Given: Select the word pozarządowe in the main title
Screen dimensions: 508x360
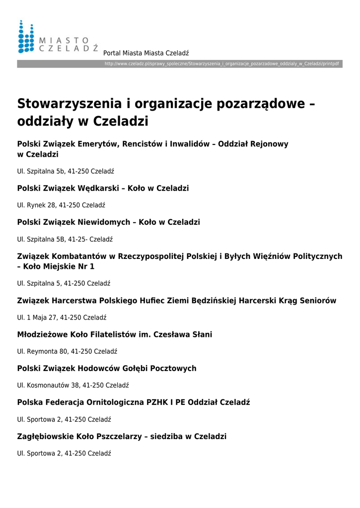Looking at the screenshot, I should coord(256,104).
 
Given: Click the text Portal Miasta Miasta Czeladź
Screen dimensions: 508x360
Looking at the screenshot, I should coord(146,53).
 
